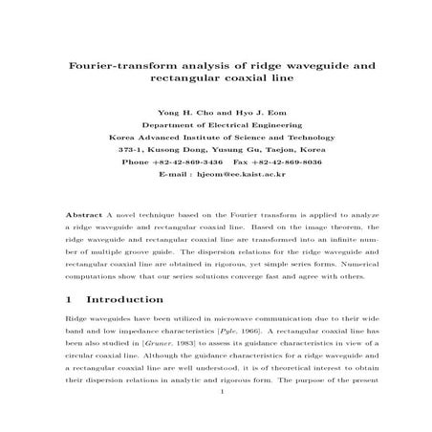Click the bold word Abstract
(x=81, y=217)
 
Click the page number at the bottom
(x=220, y=417)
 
